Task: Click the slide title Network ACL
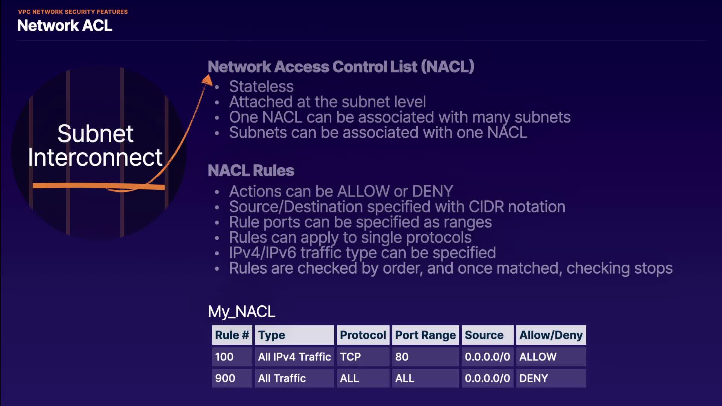(65, 26)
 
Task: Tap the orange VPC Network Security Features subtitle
(73, 12)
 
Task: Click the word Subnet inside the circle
(95, 134)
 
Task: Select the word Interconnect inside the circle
(95, 158)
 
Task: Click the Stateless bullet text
(261, 86)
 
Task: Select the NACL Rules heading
(251, 171)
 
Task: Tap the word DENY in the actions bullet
(432, 191)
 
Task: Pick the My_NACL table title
(242, 312)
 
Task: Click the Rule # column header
(232, 335)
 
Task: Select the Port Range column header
(425, 335)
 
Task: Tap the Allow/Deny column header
(551, 335)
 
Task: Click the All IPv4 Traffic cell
(294, 357)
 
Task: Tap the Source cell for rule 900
(487, 378)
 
